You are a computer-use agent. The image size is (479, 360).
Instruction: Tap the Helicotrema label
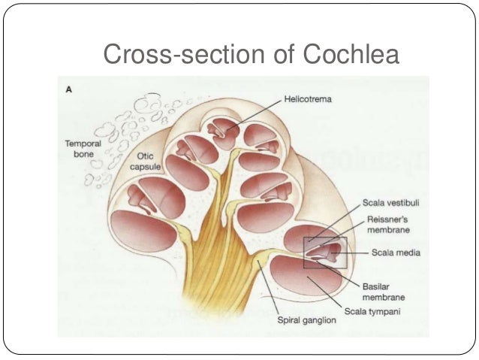point(308,98)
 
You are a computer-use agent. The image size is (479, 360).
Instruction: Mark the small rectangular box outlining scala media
point(325,252)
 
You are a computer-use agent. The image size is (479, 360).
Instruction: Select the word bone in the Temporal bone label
point(78,153)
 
